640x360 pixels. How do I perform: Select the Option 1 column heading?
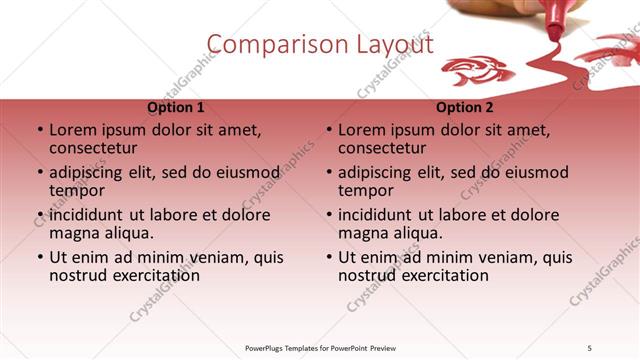(175, 108)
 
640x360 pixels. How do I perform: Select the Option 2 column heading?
(464, 108)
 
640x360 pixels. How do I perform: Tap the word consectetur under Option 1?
(98, 149)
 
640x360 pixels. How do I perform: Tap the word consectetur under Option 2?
(387, 149)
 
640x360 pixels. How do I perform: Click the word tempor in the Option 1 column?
(77, 191)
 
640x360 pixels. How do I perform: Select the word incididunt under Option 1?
(86, 214)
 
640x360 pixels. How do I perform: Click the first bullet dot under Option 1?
(39, 130)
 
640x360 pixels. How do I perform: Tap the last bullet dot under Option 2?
(328, 257)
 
